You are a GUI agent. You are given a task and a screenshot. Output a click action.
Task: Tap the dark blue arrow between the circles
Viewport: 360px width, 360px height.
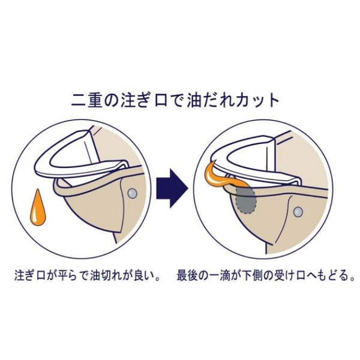172,188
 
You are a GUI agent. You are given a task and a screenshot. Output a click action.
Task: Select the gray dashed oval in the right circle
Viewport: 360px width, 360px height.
246,200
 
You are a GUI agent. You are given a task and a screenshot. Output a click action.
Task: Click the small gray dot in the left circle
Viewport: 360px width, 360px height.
132,194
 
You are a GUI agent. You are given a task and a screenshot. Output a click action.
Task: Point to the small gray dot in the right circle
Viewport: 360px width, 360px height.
298,211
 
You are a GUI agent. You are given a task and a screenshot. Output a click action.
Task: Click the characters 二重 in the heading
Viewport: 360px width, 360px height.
86,100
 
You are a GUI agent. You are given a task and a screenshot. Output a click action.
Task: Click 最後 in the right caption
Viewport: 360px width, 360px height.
187,276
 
